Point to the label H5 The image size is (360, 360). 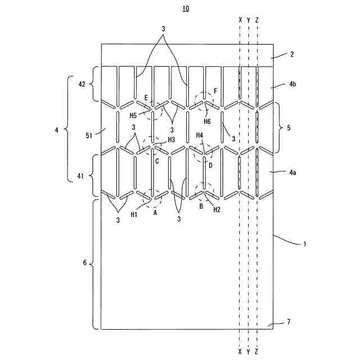coord(133,116)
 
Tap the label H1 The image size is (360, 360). coord(134,214)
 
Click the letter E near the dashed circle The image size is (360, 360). coord(146,98)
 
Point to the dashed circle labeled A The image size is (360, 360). coord(152,197)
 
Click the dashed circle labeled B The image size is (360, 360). coord(204,192)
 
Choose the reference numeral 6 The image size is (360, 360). coord(84,263)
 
